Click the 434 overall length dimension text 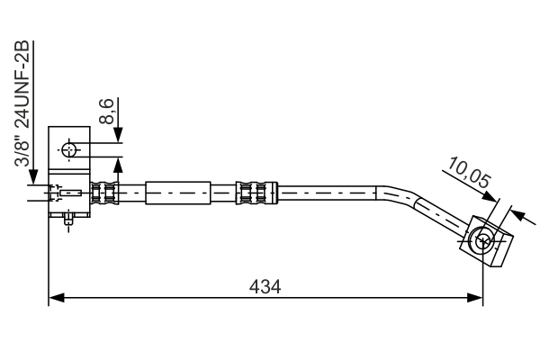(x=265, y=286)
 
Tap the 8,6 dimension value (x=107, y=112)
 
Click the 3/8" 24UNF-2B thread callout (x=22, y=105)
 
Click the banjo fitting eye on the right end (x=483, y=239)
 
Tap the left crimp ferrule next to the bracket (x=105, y=192)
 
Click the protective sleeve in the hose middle (x=178, y=192)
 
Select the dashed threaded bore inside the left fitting (x=67, y=192)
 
